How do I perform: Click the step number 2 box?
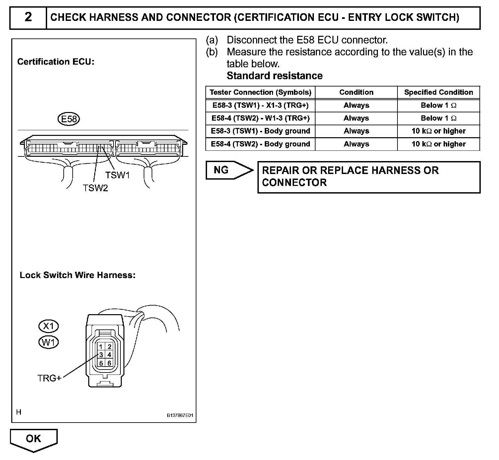tap(28, 17)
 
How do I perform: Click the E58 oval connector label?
tap(69, 119)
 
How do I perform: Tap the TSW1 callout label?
tap(117, 175)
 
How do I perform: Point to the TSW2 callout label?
tap(96, 188)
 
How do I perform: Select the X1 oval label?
tap(49, 326)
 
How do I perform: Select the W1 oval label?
tap(49, 342)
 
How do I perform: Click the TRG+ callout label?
tap(49, 378)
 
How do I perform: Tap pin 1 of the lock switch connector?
tap(101, 347)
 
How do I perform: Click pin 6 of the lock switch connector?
tap(109, 363)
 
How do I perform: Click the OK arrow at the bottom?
tap(34, 439)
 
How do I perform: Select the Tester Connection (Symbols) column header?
tap(260, 92)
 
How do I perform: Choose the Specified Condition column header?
tap(439, 92)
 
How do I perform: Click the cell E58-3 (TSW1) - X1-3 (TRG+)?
tap(260, 105)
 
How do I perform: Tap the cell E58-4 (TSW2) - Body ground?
tap(260, 144)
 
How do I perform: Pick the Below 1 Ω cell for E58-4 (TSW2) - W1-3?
tap(439, 118)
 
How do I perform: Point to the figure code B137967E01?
tap(180, 415)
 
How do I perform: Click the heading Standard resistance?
tap(275, 76)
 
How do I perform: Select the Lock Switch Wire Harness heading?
tap(78, 275)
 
